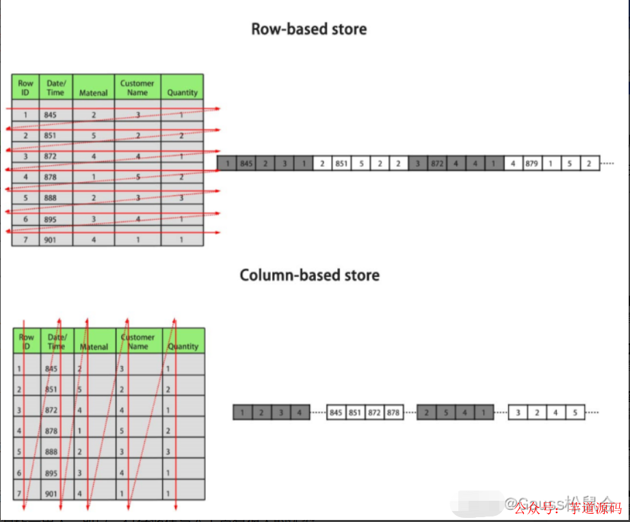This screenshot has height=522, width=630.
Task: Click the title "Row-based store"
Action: [x=309, y=29]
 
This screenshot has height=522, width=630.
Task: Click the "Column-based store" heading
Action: [x=309, y=276]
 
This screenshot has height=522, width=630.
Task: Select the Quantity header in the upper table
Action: [x=182, y=88]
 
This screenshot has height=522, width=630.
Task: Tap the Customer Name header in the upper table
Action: [x=137, y=88]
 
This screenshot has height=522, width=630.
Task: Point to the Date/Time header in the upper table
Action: [x=55, y=88]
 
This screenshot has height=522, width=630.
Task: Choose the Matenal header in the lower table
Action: [x=94, y=346]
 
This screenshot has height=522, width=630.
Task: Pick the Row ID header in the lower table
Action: [x=26, y=341]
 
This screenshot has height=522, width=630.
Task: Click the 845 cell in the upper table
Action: [x=51, y=115]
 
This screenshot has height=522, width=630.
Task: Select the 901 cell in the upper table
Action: [x=51, y=240]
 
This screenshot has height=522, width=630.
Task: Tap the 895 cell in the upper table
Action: [x=51, y=219]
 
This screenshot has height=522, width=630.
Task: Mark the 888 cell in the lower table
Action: [x=51, y=452]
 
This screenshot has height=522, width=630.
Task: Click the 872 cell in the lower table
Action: [x=51, y=410]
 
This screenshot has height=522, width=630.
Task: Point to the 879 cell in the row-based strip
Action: [x=531, y=164]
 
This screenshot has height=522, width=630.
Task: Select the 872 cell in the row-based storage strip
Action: [x=437, y=164]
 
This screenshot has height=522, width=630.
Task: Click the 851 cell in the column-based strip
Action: [x=354, y=413]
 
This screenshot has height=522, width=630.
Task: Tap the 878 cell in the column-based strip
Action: [x=393, y=413]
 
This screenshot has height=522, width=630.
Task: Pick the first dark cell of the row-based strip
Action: [x=227, y=164]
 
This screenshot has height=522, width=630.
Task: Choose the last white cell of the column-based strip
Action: [x=575, y=413]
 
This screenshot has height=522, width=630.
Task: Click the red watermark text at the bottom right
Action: [x=568, y=508]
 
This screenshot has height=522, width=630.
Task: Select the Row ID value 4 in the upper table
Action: [x=25, y=177]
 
